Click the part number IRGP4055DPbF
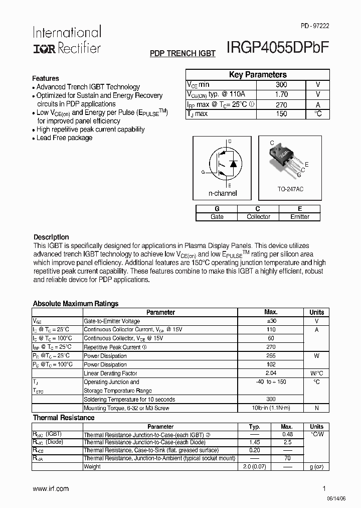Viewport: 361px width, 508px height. click(x=278, y=48)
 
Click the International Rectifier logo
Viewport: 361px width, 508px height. click(x=67, y=40)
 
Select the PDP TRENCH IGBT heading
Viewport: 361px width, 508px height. click(x=183, y=53)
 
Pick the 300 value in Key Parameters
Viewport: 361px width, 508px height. click(x=281, y=85)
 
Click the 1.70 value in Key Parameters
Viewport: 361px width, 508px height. click(x=281, y=94)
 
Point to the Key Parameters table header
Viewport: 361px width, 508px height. click(x=258, y=75)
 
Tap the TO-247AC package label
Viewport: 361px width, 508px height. click(x=290, y=189)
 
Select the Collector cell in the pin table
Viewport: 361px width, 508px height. click(x=258, y=217)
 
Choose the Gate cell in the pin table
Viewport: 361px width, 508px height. click(x=217, y=217)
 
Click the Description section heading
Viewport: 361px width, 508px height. click(x=51, y=237)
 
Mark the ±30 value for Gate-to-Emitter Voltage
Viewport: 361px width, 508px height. click(x=271, y=321)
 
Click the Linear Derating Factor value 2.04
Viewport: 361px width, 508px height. click(x=271, y=373)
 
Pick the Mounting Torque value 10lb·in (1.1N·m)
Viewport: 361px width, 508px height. click(x=271, y=408)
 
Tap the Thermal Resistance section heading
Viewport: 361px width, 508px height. click(x=64, y=418)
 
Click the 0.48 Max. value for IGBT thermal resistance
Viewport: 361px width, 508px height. click(x=287, y=434)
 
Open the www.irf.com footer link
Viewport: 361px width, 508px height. click(x=51, y=488)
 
